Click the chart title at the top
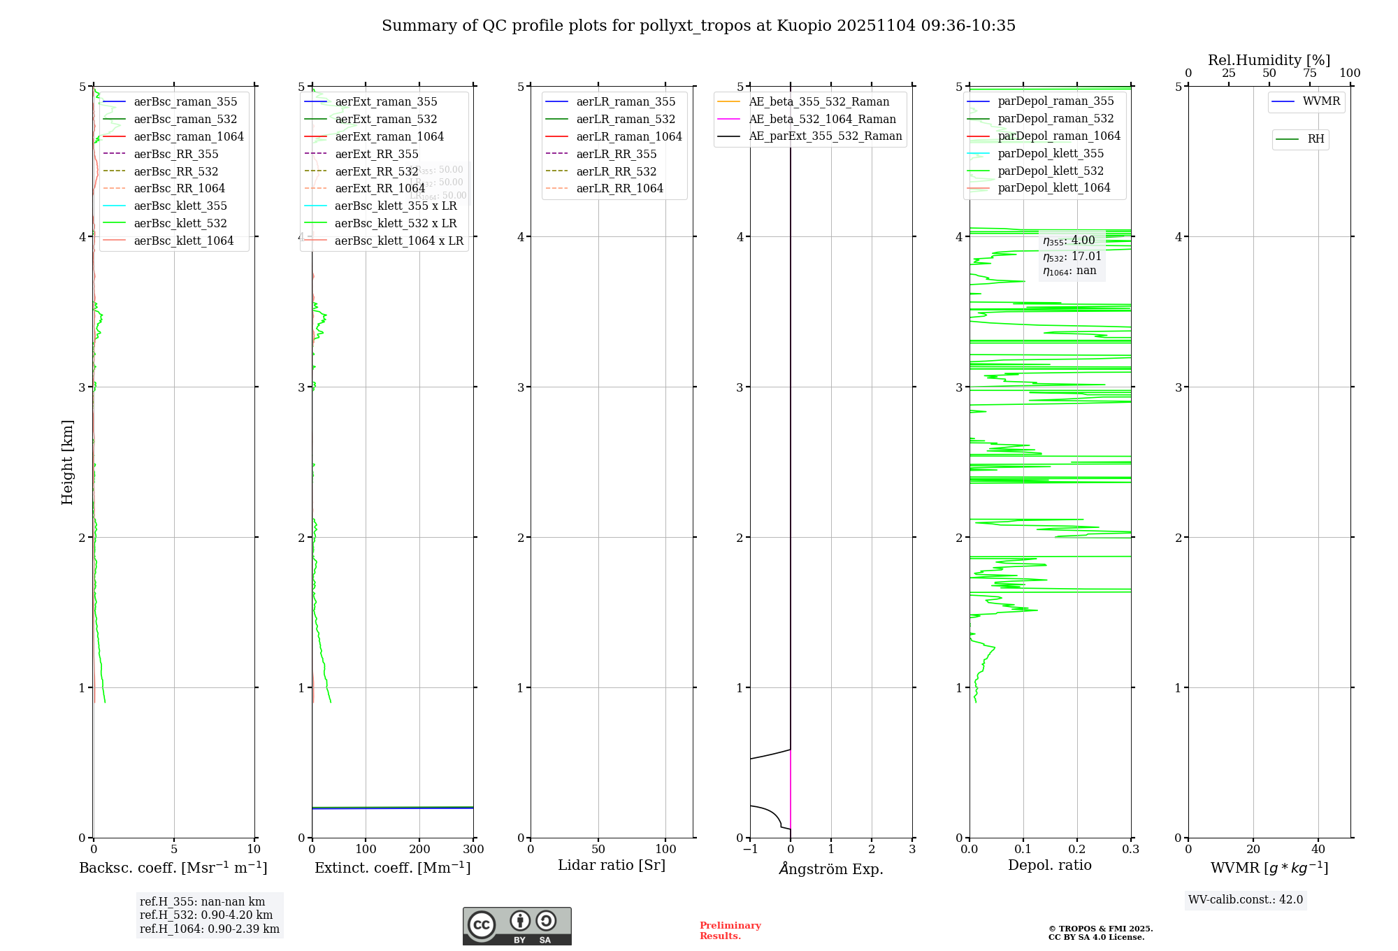698,26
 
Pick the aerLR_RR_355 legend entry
616,154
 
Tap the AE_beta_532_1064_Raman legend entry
822,119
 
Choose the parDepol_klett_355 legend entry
1051,153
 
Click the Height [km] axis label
67,462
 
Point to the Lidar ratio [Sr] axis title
612,865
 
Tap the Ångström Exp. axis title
831,868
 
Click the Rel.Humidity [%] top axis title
1269,60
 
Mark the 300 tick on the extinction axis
473,849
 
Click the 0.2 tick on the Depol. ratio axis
1077,849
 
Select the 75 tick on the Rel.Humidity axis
1310,73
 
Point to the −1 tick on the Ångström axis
750,849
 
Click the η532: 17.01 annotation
1072,257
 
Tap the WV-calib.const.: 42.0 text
1246,899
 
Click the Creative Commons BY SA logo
517,926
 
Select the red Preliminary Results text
730,930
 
